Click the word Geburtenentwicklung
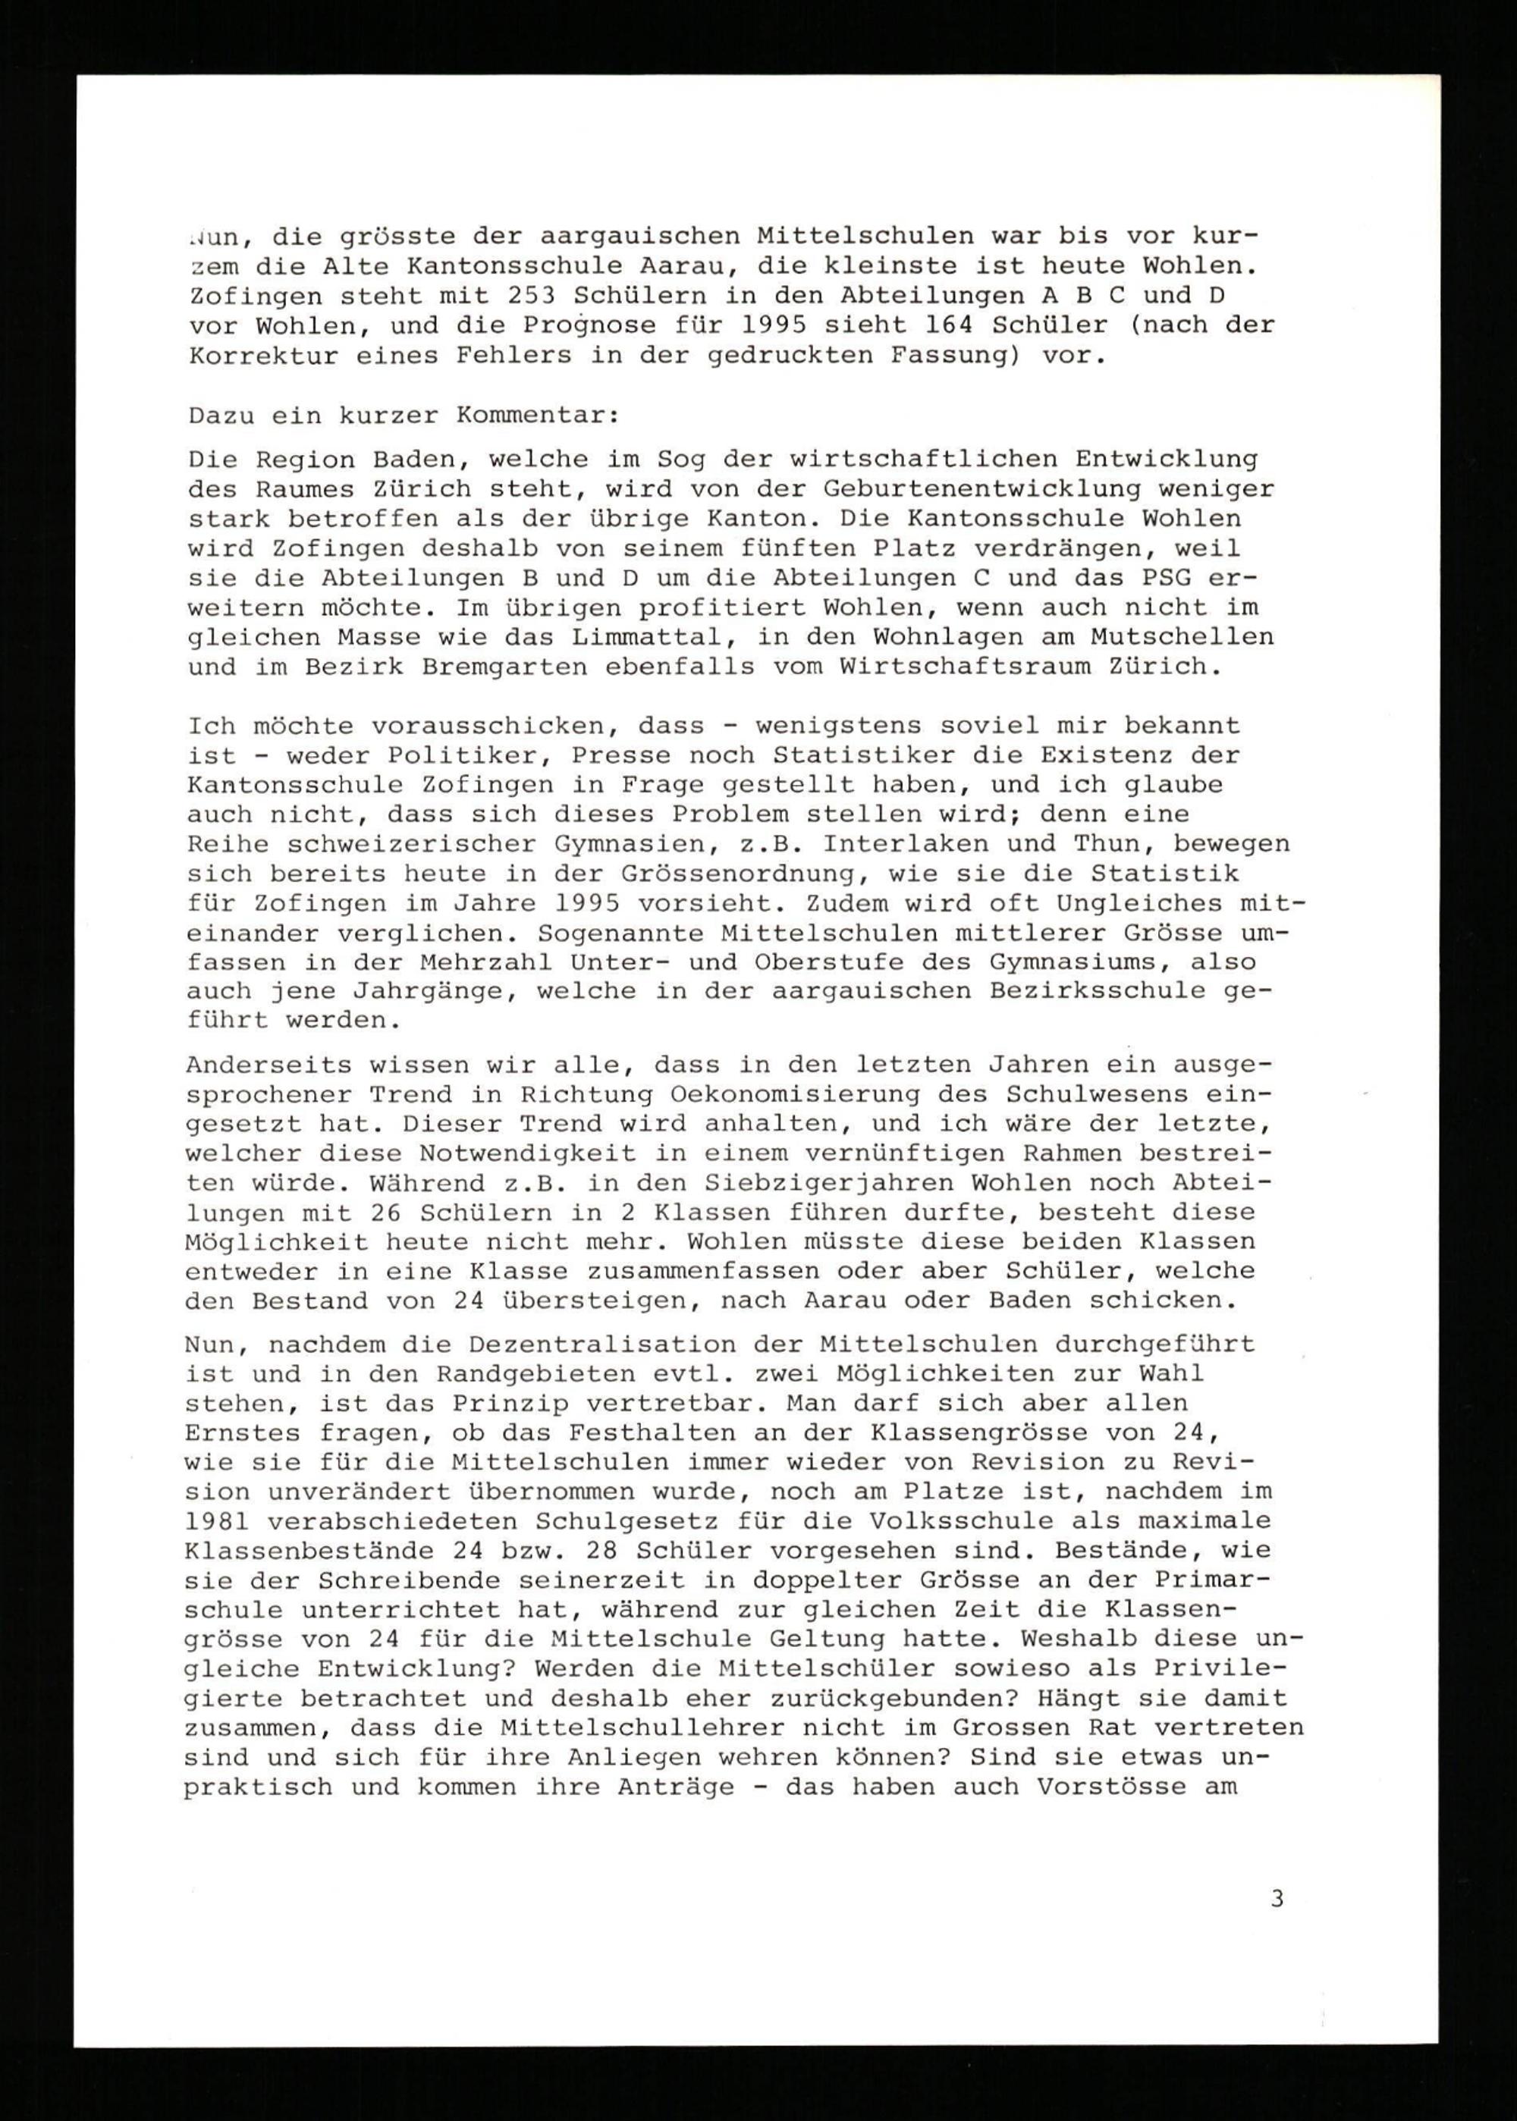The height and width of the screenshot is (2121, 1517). [x=983, y=489]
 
